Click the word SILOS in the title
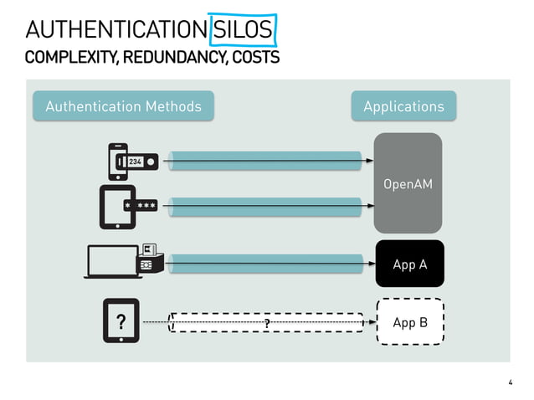pos(243,30)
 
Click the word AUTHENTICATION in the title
pos(116,30)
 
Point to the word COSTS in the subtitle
pos(255,58)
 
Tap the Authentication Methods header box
pos(123,106)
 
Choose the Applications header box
pos(403,106)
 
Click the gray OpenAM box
pos(408,183)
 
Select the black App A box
pos(409,264)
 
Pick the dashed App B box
pos(409,322)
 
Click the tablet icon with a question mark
pos(121,321)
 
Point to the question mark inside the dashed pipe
pos(267,323)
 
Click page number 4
pos(510,382)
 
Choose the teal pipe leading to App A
pos(268,264)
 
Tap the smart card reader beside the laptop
pos(149,258)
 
